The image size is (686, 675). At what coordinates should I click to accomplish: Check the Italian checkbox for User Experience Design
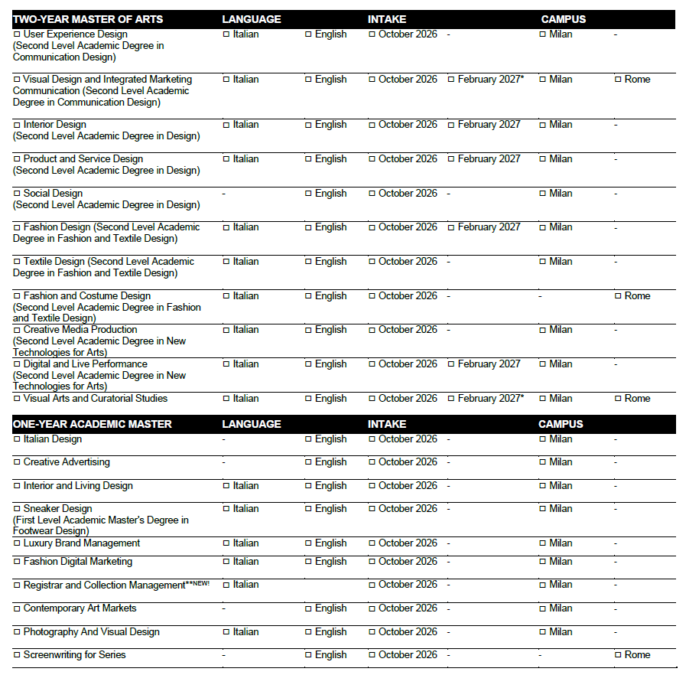[x=226, y=34]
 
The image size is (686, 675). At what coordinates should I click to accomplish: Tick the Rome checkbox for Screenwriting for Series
[x=618, y=655]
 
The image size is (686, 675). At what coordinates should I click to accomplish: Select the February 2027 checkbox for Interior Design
[x=451, y=125]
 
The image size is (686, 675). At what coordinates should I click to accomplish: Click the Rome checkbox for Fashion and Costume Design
[x=618, y=296]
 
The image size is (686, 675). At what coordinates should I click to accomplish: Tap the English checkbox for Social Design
[x=308, y=194]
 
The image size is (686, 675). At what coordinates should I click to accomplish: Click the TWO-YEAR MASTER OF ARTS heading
[x=88, y=19]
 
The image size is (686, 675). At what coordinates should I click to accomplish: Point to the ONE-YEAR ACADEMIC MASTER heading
[x=93, y=424]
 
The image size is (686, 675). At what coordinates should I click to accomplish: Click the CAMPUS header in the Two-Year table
[x=564, y=19]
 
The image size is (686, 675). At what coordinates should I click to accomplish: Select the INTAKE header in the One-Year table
[x=387, y=424]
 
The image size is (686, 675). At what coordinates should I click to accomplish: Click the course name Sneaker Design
[x=57, y=509]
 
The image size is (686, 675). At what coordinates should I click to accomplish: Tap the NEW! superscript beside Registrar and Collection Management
[x=200, y=583]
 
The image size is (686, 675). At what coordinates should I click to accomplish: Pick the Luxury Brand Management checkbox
[x=17, y=543]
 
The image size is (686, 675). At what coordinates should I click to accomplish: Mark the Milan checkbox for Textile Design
[x=542, y=262]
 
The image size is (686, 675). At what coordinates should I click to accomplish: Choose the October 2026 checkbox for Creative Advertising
[x=372, y=462]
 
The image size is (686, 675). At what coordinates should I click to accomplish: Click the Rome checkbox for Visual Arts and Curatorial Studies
[x=618, y=399]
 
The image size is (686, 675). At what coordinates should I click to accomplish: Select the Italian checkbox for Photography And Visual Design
[x=226, y=632]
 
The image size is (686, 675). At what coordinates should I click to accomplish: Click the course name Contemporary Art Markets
[x=80, y=608]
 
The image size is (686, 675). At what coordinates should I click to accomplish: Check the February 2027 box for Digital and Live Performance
[x=451, y=364]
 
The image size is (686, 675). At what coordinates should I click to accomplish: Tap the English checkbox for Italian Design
[x=308, y=439]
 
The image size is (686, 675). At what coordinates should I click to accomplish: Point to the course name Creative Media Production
[x=80, y=330]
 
